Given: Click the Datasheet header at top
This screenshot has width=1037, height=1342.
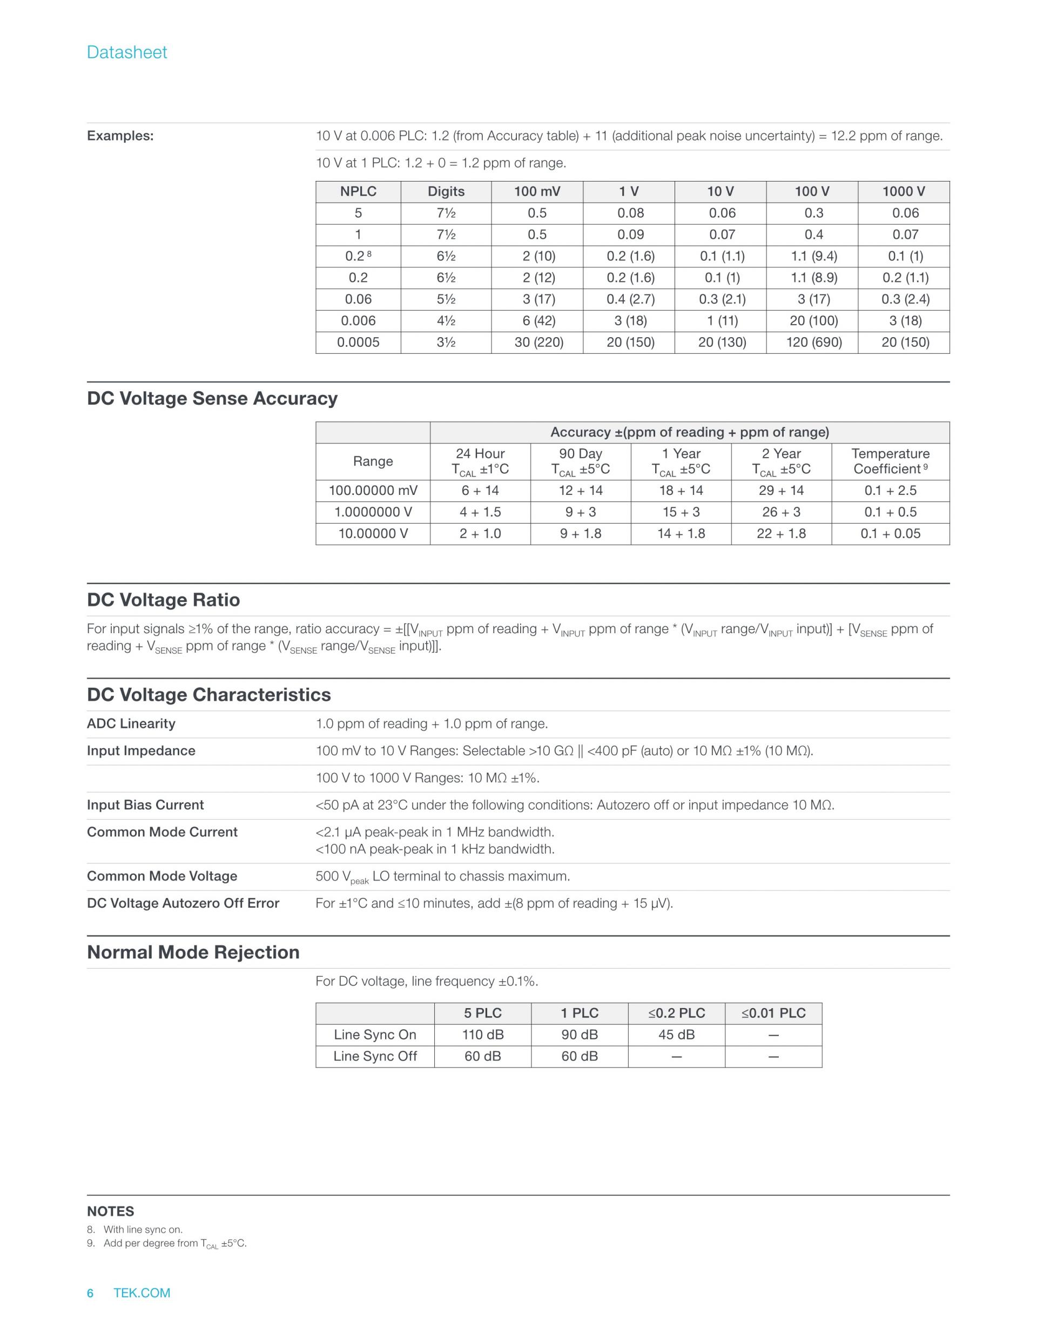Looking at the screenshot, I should click(126, 52).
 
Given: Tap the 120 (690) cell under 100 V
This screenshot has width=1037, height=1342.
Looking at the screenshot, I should click(813, 343).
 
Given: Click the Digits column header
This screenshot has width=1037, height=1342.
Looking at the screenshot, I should click(446, 192).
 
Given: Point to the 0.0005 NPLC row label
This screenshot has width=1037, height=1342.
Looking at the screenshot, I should click(358, 343).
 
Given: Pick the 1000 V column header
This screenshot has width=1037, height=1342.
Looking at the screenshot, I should click(903, 192).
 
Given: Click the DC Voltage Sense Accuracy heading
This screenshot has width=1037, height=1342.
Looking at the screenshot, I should click(212, 398).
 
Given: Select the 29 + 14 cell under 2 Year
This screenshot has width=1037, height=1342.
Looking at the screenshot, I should click(781, 491).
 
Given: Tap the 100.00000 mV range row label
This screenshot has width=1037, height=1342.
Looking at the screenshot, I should click(373, 491).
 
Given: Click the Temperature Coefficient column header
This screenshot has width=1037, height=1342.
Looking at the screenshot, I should click(890, 461).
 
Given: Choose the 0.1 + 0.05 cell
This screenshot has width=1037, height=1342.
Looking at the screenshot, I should click(890, 533).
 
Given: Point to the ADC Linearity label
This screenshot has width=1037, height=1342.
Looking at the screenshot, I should click(131, 724).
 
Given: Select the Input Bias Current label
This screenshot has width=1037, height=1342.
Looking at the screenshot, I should click(145, 805).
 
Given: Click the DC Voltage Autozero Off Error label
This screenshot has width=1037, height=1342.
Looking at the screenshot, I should click(183, 903).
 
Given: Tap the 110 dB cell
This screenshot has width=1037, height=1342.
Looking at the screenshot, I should click(483, 1035).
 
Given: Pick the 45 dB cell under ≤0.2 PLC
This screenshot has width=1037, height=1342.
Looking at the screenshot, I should click(676, 1035).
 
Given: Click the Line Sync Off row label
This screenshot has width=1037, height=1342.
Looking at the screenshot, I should click(375, 1056).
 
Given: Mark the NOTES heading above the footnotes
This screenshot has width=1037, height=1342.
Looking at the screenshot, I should click(111, 1211).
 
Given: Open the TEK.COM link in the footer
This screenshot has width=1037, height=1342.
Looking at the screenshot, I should click(142, 1293).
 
